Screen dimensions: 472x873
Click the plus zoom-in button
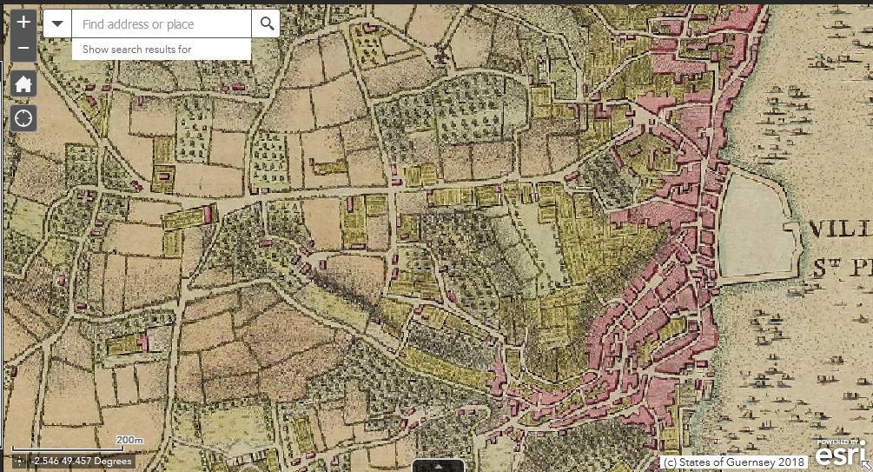click(23, 23)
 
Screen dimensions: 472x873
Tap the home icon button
click(23, 83)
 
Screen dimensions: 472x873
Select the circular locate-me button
click(23, 117)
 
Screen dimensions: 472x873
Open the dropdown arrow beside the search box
click(57, 24)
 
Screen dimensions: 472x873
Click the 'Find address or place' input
click(161, 24)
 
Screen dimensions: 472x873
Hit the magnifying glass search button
click(266, 24)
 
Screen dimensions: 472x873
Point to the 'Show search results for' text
click(136, 50)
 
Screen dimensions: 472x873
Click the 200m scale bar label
click(129, 441)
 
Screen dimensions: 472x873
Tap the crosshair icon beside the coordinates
click(20, 461)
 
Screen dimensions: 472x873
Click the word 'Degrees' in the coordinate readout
click(113, 461)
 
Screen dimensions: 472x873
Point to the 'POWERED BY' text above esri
click(840, 442)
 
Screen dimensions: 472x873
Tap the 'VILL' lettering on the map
click(839, 230)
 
